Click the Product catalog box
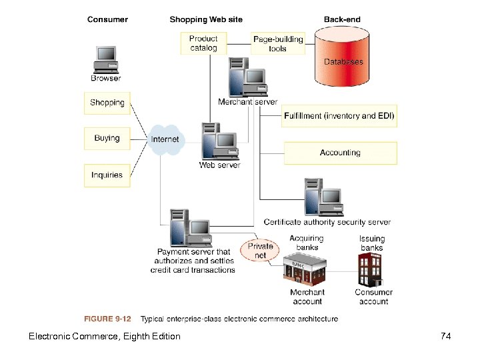coord(203,43)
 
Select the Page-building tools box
coord(277,43)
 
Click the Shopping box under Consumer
coord(107,103)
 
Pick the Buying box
coord(107,139)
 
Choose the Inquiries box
coord(107,175)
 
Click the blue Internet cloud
coord(165,139)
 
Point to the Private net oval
coord(260,251)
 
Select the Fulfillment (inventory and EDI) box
coord(340,116)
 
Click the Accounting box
coord(340,153)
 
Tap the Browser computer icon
coord(106,59)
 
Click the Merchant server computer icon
coord(247,79)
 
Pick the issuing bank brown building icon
coord(372,271)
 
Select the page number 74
coord(446,336)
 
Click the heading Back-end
coord(341,19)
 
